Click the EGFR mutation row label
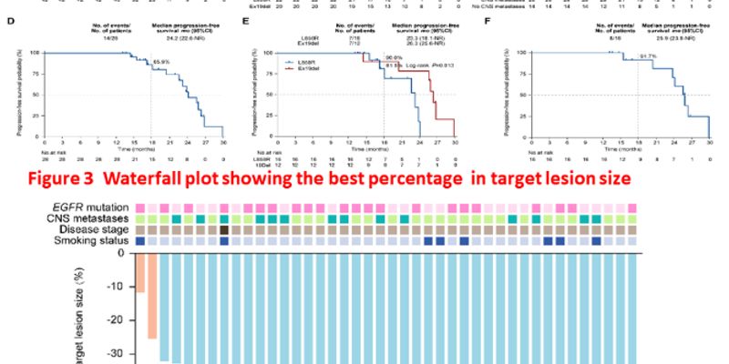pyautogui.click(x=96, y=208)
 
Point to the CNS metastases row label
pyautogui.click(x=87, y=219)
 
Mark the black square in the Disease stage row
pyautogui.click(x=224, y=230)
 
